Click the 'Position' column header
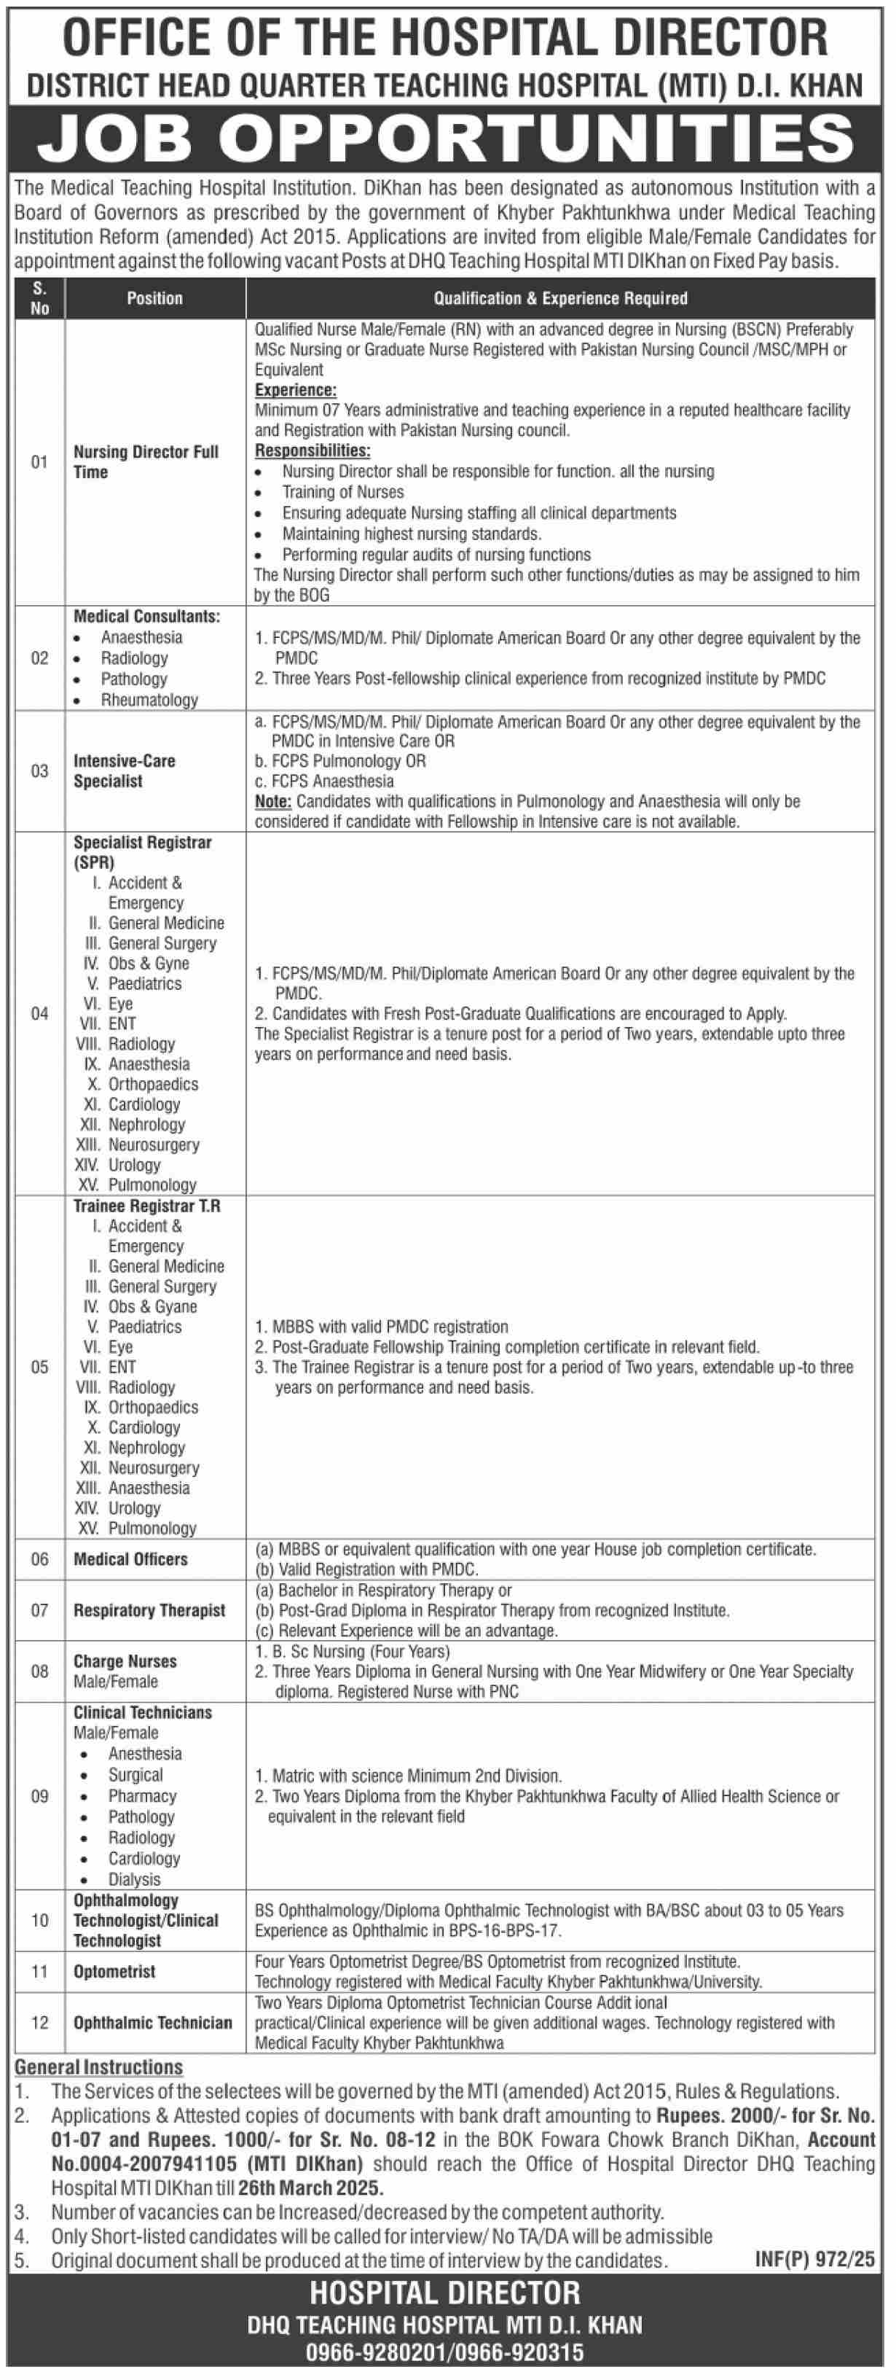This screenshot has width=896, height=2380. point(154,298)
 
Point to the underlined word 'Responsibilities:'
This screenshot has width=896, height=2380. point(313,451)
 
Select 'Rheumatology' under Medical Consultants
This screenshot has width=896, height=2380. point(149,699)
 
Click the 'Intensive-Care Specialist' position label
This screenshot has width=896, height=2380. point(124,770)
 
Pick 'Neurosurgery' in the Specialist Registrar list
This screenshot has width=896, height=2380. point(153,1144)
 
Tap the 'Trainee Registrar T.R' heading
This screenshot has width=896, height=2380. point(147,1206)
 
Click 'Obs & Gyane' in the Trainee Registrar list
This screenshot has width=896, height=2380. point(152,1306)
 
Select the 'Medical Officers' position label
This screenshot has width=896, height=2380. point(130,1559)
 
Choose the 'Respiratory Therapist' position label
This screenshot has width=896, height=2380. point(149,1610)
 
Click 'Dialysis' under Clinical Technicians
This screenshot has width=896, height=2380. point(134,1879)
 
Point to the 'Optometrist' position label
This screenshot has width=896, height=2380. point(114,1972)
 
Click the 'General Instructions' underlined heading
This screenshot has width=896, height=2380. point(99,2068)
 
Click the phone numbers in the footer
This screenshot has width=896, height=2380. point(445,2352)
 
